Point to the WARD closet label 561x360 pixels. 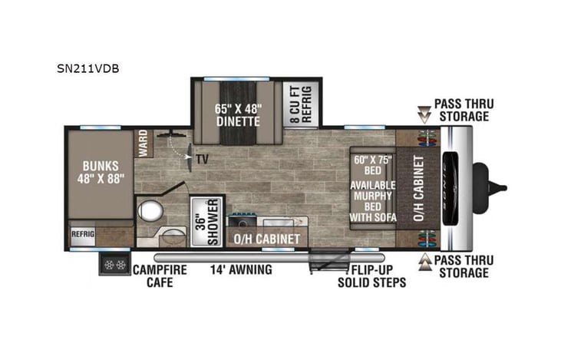point(143,142)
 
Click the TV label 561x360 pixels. point(202,160)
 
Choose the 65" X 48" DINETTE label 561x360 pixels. point(238,114)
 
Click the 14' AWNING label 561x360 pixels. point(241,269)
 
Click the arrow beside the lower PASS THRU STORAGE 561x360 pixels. point(422,266)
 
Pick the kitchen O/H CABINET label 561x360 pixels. point(266,239)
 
